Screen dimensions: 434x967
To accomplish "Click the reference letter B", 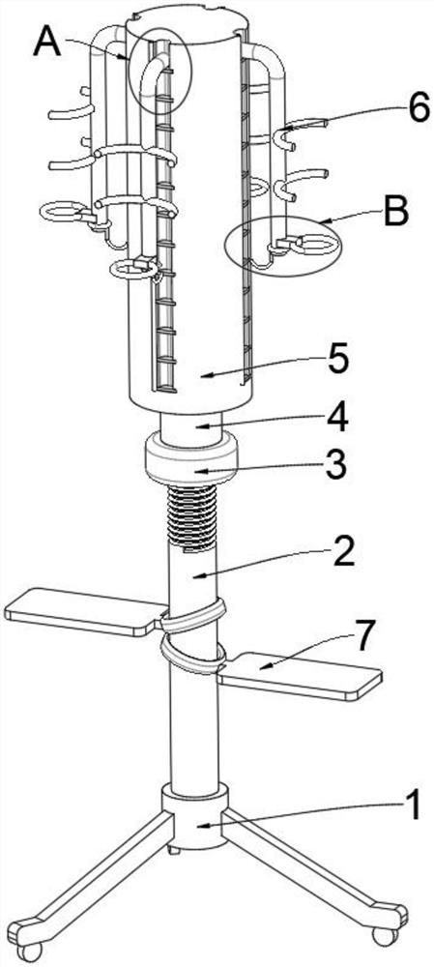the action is pos(395,212).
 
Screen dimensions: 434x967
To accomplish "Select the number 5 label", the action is pos(339,360).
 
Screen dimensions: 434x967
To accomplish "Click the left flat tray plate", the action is pos(84,612).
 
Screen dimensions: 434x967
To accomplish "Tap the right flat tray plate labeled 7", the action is pos(300,676).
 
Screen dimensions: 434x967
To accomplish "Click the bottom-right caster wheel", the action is pos(385,936).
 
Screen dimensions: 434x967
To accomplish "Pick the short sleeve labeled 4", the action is pos(190,426).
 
